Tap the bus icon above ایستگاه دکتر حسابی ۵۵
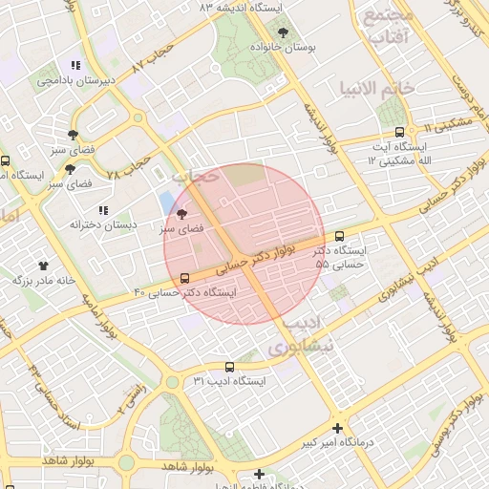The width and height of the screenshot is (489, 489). click(x=340, y=236)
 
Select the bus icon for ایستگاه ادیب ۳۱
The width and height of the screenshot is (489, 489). click(x=228, y=367)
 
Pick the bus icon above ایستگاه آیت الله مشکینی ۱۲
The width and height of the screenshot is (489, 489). click(x=399, y=132)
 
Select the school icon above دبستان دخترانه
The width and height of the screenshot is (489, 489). click(x=102, y=210)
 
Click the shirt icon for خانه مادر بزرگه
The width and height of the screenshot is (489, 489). click(x=43, y=265)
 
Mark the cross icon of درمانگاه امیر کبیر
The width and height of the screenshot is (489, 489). click(x=336, y=428)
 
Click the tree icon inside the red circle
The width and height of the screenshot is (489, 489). click(x=181, y=215)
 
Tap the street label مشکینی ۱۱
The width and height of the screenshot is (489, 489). click(x=446, y=122)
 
